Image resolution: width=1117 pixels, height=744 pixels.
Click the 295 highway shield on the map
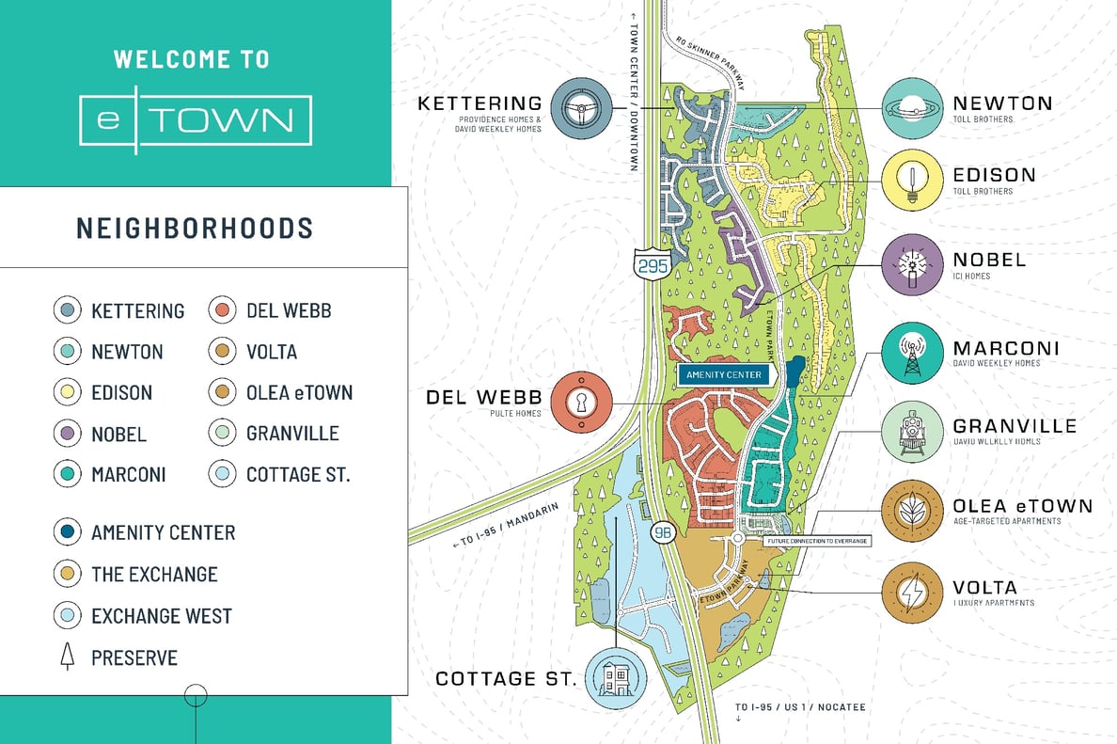(x=652, y=265)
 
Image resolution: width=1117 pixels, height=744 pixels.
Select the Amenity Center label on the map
(x=724, y=374)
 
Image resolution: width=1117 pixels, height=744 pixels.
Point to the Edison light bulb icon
(x=912, y=181)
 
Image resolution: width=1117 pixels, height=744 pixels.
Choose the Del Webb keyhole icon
(x=582, y=403)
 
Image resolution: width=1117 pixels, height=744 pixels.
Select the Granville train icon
(x=912, y=434)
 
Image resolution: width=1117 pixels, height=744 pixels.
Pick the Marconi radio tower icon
(x=912, y=354)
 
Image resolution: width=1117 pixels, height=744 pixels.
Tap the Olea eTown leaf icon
(x=912, y=512)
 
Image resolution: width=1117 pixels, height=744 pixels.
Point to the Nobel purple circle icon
(x=912, y=264)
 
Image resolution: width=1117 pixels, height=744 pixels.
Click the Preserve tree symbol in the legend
(x=67, y=657)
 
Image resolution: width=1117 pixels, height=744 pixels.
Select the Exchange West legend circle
(x=67, y=616)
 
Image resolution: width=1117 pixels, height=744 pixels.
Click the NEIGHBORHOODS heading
(x=194, y=228)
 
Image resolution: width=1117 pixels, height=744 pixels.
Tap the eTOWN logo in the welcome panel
(x=196, y=120)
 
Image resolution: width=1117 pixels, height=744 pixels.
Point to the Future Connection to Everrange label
(x=817, y=541)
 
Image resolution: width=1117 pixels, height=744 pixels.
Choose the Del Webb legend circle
(x=221, y=310)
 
